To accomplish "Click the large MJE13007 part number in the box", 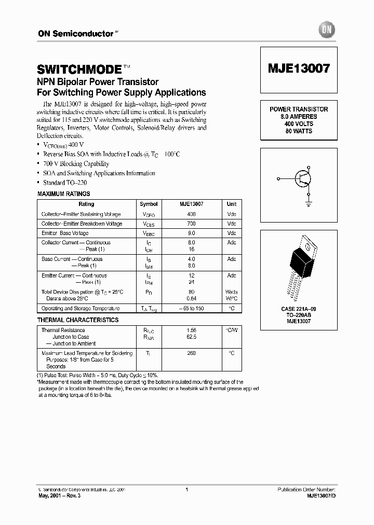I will [x=298, y=69].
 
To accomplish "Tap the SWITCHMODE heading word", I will [x=79, y=70].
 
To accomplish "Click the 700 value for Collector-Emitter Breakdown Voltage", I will [x=191, y=224].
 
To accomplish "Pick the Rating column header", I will [x=86, y=204].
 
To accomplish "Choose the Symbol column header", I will [x=149, y=204].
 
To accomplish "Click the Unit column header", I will [x=231, y=204].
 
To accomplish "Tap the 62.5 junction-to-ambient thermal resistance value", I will [x=191, y=337].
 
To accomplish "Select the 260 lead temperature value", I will [x=191, y=353].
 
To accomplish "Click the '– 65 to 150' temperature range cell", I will [x=191, y=308].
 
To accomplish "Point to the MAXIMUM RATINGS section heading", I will [x=63, y=194].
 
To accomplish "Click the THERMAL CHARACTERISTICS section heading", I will [x=78, y=320].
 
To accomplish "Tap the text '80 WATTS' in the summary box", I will [x=298, y=131].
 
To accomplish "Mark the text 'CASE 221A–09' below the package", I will [x=298, y=309].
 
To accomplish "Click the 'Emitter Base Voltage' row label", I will [x=65, y=233].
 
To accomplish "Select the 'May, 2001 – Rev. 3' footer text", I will [x=60, y=495].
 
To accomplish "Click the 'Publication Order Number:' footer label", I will [x=306, y=489].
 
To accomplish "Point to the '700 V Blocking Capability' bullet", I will [x=76, y=163].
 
